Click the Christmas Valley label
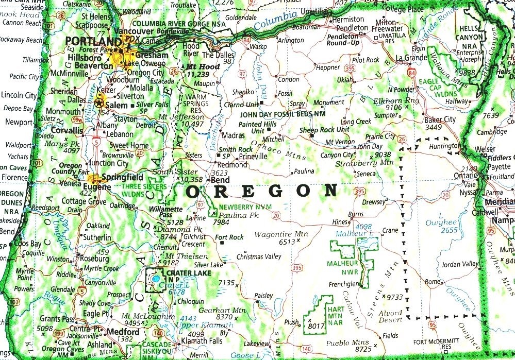(259, 256)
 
